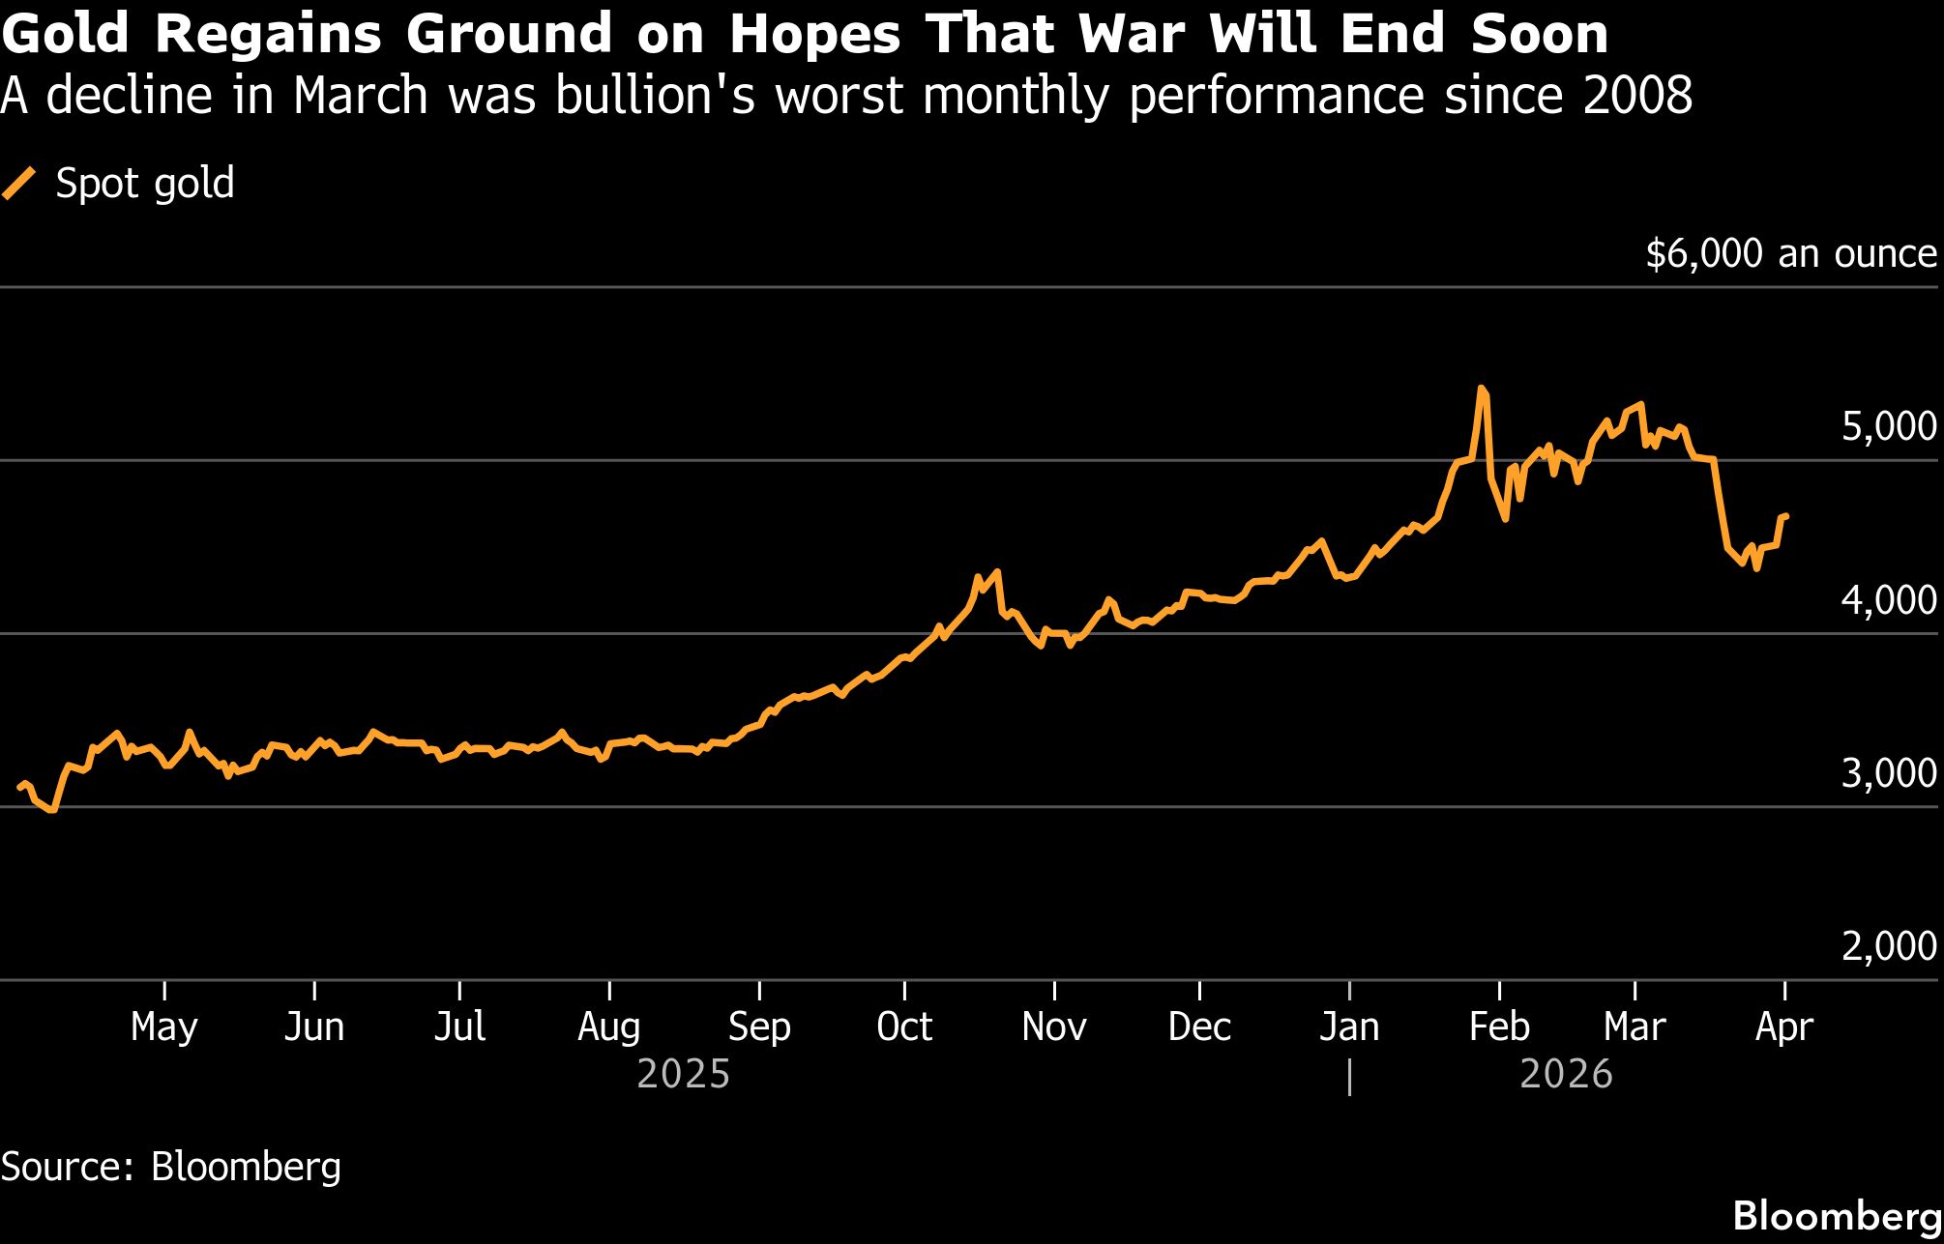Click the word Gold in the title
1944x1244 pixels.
(65, 35)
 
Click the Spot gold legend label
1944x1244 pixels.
(145, 183)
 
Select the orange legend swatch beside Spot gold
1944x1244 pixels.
(19, 183)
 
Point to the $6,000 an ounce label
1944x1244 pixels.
(1790, 253)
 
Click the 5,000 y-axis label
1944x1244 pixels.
(1888, 426)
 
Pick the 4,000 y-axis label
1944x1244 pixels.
(1888, 599)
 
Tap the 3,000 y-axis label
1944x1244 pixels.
(1888, 772)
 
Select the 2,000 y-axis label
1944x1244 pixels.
(1888, 945)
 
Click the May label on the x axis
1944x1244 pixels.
(163, 1027)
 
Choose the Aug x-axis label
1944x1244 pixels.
(608, 1027)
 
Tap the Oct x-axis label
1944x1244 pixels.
(903, 1027)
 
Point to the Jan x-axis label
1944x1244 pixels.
(1348, 1027)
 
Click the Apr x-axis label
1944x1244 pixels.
(1783, 1027)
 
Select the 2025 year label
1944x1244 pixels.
(683, 1074)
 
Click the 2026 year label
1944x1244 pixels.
(1566, 1074)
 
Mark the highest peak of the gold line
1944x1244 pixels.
(1481, 389)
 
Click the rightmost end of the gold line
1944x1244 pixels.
(1785, 516)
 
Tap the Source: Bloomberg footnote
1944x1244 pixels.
(171, 1167)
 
